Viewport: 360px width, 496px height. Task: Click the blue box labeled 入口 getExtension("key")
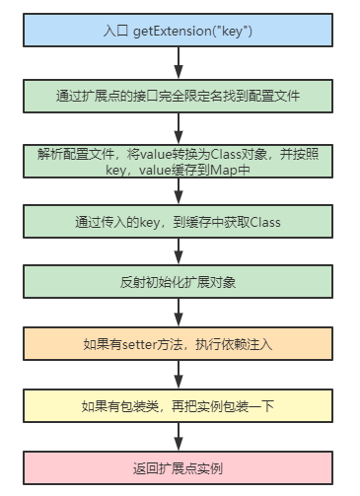click(178, 32)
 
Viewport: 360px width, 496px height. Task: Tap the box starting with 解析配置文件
click(178, 162)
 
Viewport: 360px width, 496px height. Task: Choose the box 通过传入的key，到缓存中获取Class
click(178, 222)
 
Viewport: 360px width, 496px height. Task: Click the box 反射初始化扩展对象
click(178, 282)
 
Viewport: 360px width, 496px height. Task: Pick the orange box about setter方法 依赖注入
click(178, 344)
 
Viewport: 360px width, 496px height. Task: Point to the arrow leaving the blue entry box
click(178, 63)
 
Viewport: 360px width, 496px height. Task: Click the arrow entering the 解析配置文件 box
click(178, 127)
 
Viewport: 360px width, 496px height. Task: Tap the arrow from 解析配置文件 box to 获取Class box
click(178, 192)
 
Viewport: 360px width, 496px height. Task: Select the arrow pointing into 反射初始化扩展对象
click(178, 252)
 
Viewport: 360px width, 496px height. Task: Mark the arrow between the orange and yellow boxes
click(178, 375)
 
